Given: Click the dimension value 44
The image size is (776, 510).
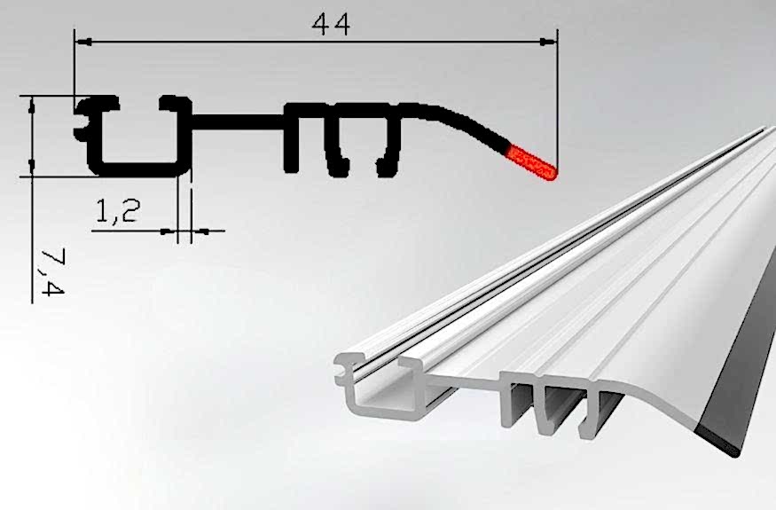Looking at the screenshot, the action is tap(331, 24).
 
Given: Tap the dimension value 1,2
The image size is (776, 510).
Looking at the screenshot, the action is tap(118, 211).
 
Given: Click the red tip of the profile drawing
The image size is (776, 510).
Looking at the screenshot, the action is tap(532, 162).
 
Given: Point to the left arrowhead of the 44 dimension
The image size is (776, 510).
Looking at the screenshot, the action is tap(82, 43).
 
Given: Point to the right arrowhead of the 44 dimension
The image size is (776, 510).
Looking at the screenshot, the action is tap(548, 43).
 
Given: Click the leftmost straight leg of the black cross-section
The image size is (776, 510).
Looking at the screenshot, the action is tap(292, 137).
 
